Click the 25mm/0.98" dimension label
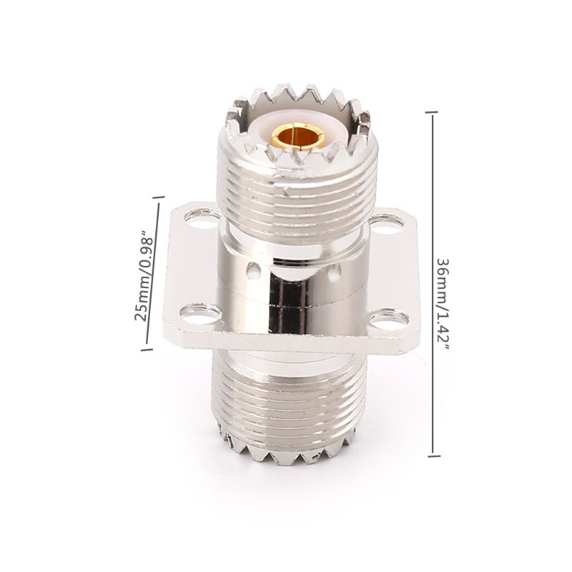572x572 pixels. pos(142,275)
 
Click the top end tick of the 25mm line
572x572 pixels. pos(157,196)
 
